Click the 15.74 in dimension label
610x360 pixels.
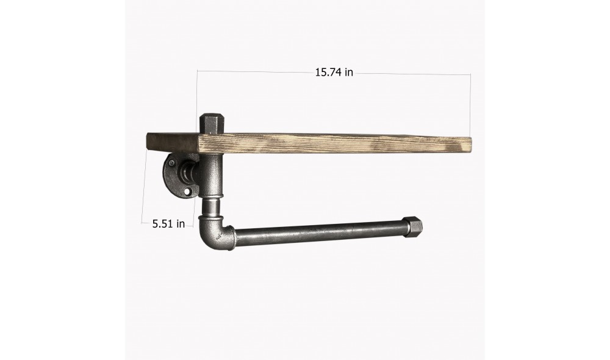(334, 73)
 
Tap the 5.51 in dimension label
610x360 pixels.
(168, 224)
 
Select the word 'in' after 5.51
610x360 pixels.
(180, 224)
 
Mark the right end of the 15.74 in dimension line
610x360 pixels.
(471, 75)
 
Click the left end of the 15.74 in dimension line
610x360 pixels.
(197, 71)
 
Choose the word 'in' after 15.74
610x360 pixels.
(349, 73)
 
